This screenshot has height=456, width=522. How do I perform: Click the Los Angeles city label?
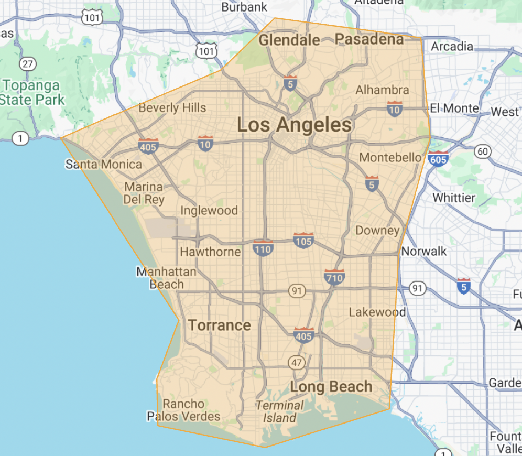pyautogui.click(x=294, y=125)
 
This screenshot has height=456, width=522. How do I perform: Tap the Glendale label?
pyautogui.click(x=289, y=40)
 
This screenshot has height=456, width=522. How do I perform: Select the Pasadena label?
pyautogui.click(x=369, y=39)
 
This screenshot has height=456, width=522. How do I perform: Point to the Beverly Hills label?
pyautogui.click(x=172, y=108)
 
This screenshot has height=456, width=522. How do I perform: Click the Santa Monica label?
pyautogui.click(x=103, y=165)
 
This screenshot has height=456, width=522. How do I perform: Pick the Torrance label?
pyautogui.click(x=220, y=325)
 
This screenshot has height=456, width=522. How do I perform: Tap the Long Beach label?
pyautogui.click(x=331, y=387)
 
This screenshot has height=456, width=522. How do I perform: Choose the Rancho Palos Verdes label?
pyautogui.click(x=183, y=410)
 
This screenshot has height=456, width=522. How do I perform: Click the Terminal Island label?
pyautogui.click(x=280, y=411)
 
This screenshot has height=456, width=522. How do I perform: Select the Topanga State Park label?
pyautogui.click(x=33, y=92)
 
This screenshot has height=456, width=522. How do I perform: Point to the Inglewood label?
pyautogui.click(x=209, y=211)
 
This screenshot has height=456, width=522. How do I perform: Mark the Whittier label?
pyautogui.click(x=454, y=198)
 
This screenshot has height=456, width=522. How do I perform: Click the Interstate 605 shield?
pyautogui.click(x=437, y=158)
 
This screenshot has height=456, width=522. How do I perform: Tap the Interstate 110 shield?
pyautogui.click(x=263, y=247)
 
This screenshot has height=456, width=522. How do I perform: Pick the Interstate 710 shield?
pyautogui.click(x=334, y=276)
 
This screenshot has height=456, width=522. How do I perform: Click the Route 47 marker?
pyautogui.click(x=296, y=363)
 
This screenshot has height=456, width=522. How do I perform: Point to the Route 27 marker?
pyautogui.click(x=27, y=64)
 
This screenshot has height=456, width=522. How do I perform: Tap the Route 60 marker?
pyautogui.click(x=482, y=152)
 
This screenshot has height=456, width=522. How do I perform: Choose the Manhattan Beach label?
pyautogui.click(x=166, y=278)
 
